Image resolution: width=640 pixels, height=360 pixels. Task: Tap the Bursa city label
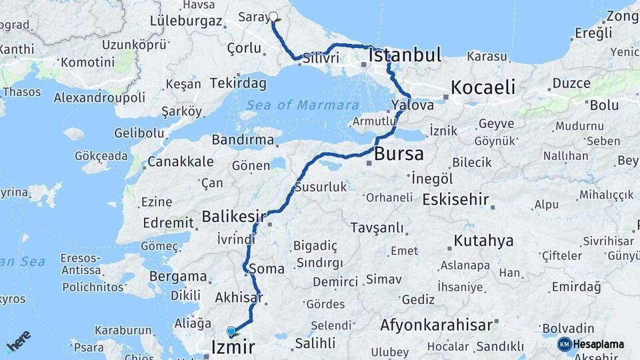pos(399,154)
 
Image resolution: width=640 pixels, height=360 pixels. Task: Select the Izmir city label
pos(233,347)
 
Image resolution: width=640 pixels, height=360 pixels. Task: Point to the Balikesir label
pos(233,217)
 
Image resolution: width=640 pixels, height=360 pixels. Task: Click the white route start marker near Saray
pos(273,17)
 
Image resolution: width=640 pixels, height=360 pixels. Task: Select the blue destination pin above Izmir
pos(231,331)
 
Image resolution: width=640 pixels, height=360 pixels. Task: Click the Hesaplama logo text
pos(598,344)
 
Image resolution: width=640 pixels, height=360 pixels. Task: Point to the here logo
pos(19,341)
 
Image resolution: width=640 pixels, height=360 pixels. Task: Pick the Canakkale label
pos(181,161)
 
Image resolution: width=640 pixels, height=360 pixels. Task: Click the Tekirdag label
pos(238,83)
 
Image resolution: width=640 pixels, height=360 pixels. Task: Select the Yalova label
pos(413,105)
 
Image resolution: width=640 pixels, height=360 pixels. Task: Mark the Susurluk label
pos(321,187)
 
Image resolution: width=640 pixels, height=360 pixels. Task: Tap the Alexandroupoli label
pos(99,97)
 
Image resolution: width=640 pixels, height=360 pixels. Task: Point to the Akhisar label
pos(239,298)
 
